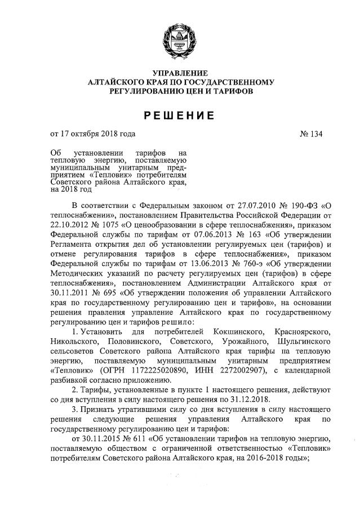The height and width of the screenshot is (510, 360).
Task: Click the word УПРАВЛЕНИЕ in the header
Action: (180, 74)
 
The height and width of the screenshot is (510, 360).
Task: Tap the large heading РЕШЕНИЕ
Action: (180, 116)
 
